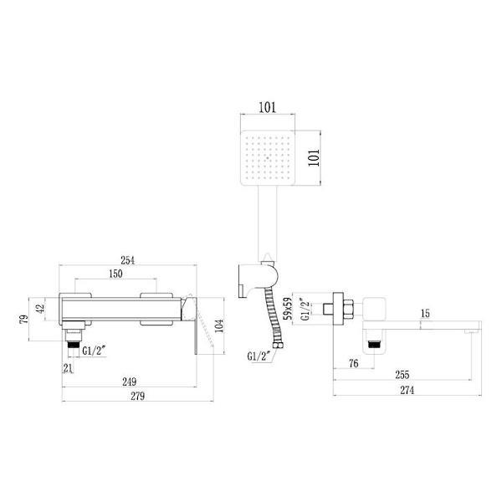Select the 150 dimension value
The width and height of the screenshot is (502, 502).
[x=115, y=274]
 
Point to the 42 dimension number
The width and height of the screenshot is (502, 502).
[x=39, y=310]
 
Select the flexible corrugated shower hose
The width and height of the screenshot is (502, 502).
[x=274, y=314]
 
